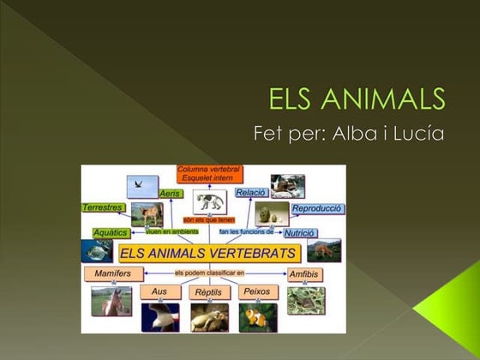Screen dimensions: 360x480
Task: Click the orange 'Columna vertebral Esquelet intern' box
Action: pos(208,174)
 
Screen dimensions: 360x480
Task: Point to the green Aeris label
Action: pos(171,195)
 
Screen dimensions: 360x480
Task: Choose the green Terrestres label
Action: pos(104,207)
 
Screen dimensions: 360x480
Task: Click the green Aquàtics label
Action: pos(111,232)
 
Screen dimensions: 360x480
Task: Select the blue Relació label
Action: pos(250,192)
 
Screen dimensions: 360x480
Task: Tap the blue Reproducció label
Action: pos(317,208)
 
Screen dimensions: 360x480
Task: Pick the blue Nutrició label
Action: pos(300,232)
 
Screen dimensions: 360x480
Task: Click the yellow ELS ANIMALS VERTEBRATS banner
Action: pos(208,254)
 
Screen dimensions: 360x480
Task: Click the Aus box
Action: pos(159,291)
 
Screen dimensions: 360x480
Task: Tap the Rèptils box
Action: pos(208,292)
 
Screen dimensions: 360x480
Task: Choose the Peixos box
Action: pos(255,291)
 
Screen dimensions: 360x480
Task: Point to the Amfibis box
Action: pos(305,274)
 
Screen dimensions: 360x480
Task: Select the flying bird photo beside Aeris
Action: pos(142,186)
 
